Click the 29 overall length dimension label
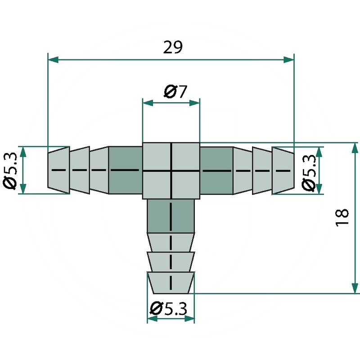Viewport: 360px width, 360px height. (173, 48)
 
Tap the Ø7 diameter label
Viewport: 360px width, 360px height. (175, 91)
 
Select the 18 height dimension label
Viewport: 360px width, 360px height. (342, 218)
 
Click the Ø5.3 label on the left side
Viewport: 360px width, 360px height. (10, 171)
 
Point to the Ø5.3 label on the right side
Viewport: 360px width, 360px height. (308, 172)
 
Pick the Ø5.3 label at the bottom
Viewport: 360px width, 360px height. (168, 309)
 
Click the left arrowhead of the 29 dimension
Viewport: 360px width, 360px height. (53, 60)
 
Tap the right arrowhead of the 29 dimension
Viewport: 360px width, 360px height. (289, 60)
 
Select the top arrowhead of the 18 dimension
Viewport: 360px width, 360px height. (355, 148)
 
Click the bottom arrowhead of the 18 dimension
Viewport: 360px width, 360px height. (355, 288)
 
